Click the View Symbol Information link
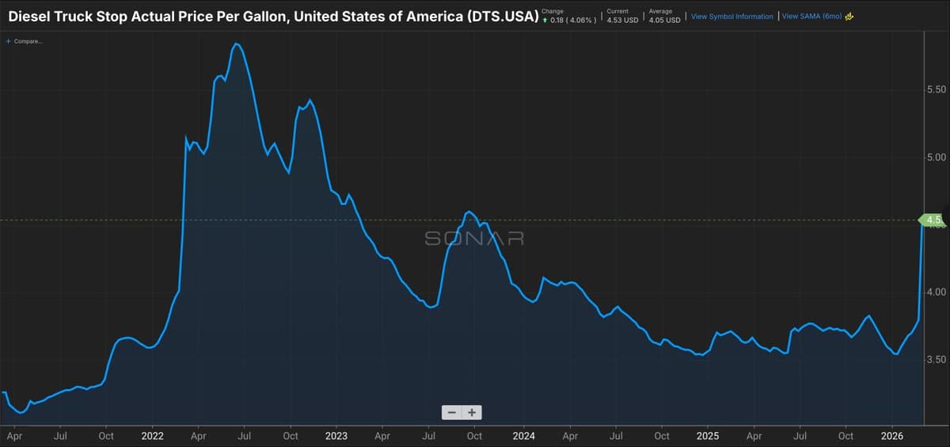[731, 17]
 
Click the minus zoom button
[451, 412]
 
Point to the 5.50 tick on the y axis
[936, 89]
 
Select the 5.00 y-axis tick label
[936, 157]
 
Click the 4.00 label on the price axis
[936, 292]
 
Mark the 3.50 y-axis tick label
[936, 359]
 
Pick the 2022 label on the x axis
[152, 436]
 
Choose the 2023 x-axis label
[336, 436]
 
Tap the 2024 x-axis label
[522, 436]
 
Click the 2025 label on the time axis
[708, 436]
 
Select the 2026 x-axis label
[892, 436]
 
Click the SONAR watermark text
[474, 238]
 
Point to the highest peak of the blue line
[236, 44]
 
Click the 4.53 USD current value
[622, 20]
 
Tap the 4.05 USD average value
[664, 20]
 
